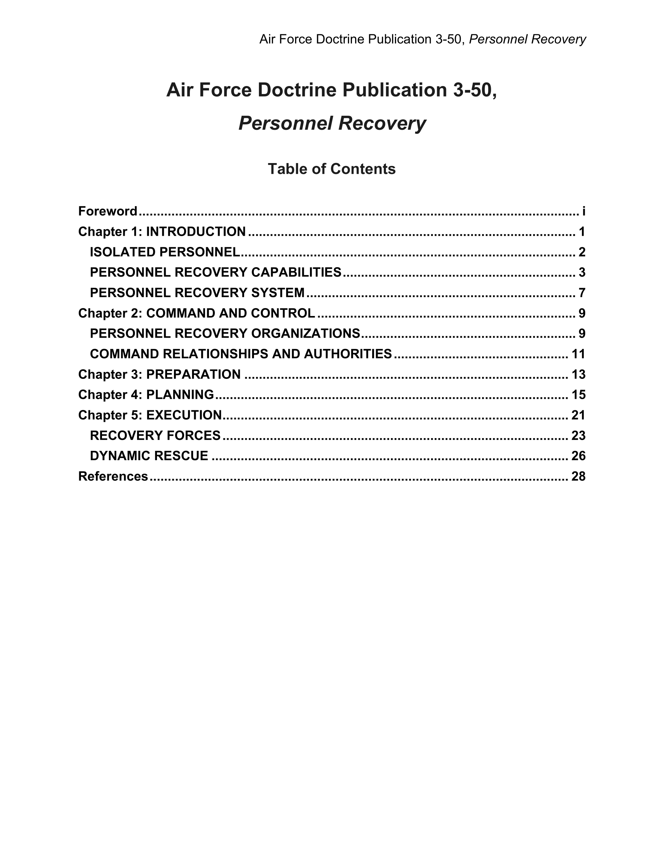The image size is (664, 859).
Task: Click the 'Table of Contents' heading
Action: click(x=332, y=169)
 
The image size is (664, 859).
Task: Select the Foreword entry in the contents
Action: click(x=108, y=211)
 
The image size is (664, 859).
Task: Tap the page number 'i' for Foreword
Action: click(x=584, y=211)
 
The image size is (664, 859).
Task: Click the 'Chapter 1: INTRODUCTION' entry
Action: click(x=162, y=232)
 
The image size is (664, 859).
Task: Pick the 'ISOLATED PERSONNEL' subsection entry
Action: click(x=165, y=252)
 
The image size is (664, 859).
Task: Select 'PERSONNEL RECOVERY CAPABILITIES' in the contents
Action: click(x=216, y=272)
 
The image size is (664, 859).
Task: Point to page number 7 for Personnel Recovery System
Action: click(x=582, y=292)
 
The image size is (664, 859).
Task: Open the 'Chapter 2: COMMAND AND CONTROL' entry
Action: click(x=196, y=313)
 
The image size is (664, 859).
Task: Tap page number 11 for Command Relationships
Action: click(x=578, y=354)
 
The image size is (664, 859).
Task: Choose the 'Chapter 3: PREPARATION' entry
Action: click(x=159, y=375)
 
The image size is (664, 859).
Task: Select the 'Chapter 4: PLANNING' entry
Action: click(x=146, y=394)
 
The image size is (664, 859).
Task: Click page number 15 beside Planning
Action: click(x=578, y=394)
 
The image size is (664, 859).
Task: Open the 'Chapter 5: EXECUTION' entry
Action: click(x=150, y=415)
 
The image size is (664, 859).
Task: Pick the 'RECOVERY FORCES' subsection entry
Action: click(x=155, y=435)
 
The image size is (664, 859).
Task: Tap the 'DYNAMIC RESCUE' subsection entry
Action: click(x=149, y=456)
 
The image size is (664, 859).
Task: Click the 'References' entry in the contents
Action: click(x=113, y=476)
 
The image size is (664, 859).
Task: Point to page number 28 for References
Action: click(x=578, y=476)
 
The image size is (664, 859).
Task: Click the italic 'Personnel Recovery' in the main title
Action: click(x=332, y=123)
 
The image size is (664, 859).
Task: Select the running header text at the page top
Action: click(x=422, y=39)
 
